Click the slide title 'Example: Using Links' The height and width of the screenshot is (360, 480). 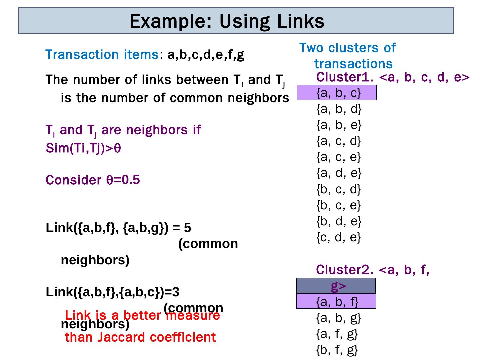tap(227, 21)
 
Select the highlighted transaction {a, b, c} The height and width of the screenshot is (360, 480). tap(338, 93)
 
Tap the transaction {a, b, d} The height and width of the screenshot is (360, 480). tap(339, 109)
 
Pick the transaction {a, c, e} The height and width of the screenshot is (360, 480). tap(338, 157)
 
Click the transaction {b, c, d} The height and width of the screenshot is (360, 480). tap(338, 189)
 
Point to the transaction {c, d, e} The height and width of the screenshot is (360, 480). tap(338, 237)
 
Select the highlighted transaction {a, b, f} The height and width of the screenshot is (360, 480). tap(337, 301)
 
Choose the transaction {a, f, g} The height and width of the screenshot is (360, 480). tap(337, 333)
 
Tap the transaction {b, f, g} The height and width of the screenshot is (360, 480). tap(337, 350)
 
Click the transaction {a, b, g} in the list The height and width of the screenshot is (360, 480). tap(338, 318)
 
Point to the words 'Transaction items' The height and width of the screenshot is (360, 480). tap(102, 54)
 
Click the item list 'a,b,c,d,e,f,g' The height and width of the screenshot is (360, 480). tap(206, 54)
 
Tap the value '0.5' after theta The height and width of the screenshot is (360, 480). tap(131, 180)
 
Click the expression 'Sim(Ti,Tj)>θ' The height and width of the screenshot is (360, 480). tap(83, 148)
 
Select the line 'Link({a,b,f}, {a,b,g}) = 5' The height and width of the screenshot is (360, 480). tap(118, 228)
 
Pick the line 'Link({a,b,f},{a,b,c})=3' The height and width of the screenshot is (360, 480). tap(112, 292)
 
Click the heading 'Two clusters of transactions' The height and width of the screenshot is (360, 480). tap(348, 56)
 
